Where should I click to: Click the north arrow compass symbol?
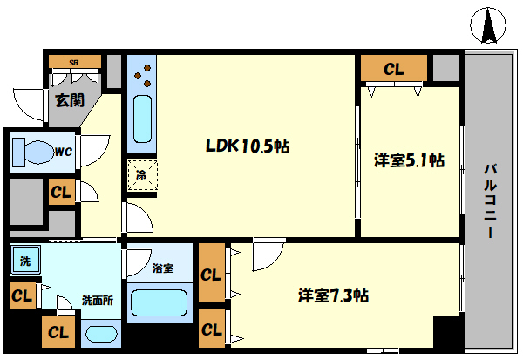coord(490,27)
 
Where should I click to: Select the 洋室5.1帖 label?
coord(410,160)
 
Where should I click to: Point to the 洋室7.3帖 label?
coord(333,295)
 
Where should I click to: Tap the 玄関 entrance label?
coord(69,100)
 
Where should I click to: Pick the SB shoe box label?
coord(73,63)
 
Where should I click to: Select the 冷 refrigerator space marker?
coord(141,173)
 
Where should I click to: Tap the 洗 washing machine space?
coord(24,260)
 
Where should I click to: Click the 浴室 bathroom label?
coord(163,268)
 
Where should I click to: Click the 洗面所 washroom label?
coord(97,301)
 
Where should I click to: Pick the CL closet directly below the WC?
coord(60,192)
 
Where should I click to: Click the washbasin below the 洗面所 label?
coord(102,334)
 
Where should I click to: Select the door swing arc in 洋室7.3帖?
coord(268,254)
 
